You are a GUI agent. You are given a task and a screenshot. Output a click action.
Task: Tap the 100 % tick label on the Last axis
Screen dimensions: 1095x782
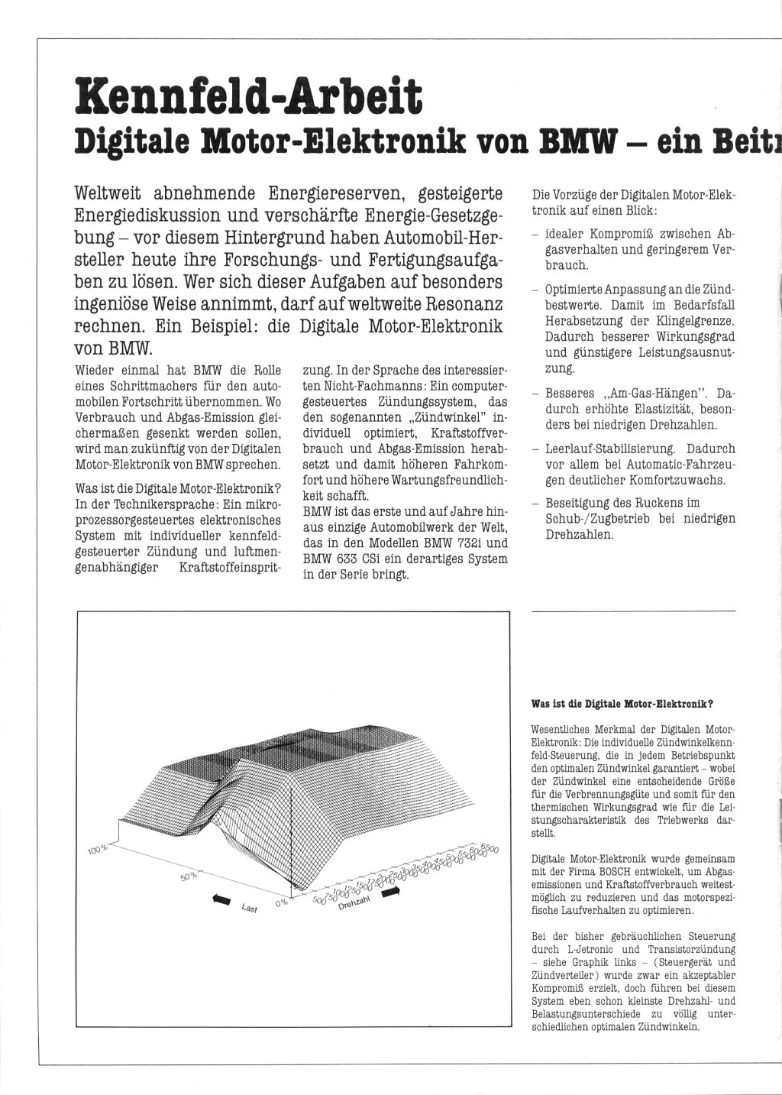[x=99, y=849]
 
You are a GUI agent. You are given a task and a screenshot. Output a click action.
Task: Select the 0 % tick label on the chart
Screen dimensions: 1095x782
[x=280, y=902]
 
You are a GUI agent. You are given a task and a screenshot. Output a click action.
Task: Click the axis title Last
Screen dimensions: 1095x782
[x=249, y=909]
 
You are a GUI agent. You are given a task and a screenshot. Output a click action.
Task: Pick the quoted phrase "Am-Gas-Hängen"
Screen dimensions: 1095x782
[x=651, y=394]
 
